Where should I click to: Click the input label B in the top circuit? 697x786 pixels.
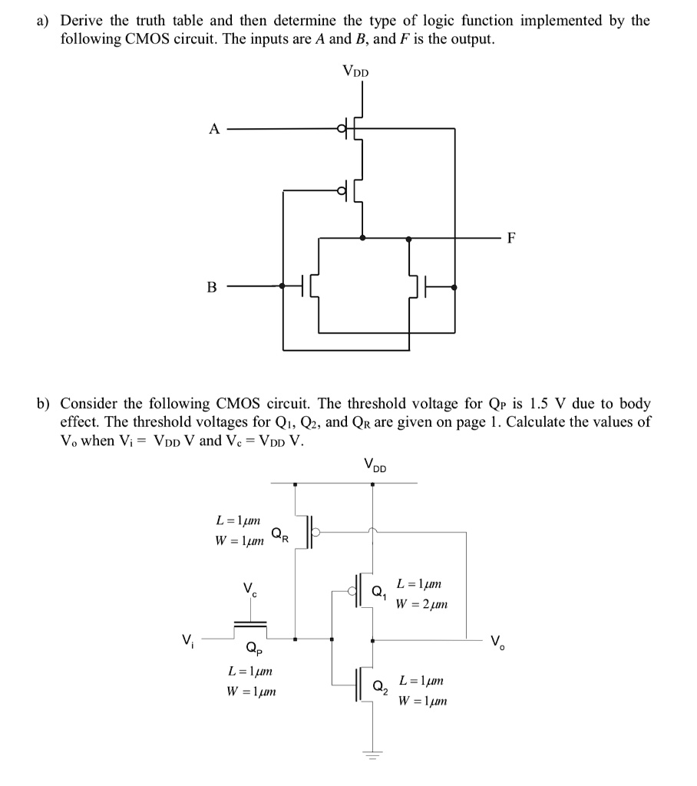click(212, 287)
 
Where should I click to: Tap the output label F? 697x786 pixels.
click(511, 238)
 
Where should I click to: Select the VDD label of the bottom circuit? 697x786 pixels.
click(375, 465)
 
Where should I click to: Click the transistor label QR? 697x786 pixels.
click(279, 533)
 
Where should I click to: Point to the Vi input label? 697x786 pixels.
click(187, 638)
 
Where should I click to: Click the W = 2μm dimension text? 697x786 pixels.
click(421, 604)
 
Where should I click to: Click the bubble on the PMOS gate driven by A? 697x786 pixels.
click(342, 129)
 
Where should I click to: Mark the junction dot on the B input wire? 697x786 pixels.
click(282, 286)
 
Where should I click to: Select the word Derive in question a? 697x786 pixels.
click(81, 21)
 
